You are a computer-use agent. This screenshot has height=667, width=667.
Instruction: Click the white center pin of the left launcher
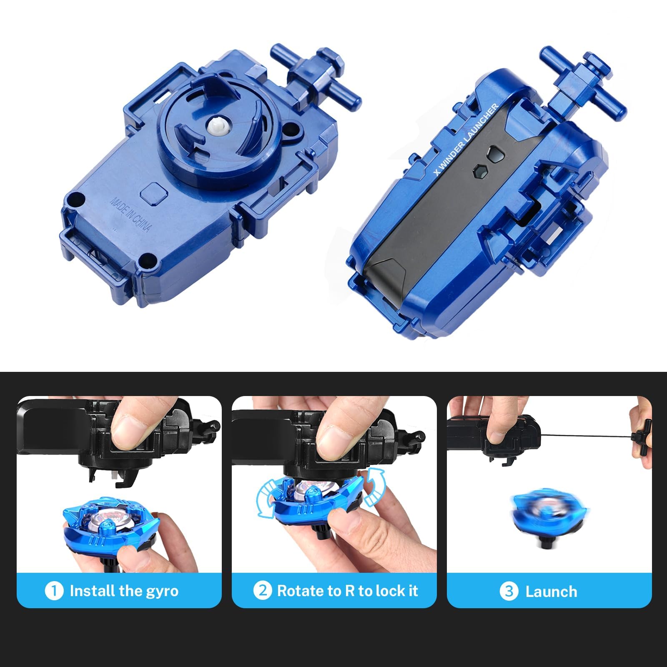[216, 126]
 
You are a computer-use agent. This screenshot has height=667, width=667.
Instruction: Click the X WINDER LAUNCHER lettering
[466, 139]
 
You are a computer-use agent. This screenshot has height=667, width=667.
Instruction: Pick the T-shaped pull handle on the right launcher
[583, 85]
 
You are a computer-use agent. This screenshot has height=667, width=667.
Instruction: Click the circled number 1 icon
[54, 591]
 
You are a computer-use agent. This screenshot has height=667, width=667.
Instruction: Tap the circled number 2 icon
[263, 591]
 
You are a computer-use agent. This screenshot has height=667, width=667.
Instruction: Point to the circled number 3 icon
[509, 591]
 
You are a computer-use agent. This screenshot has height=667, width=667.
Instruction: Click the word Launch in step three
[551, 592]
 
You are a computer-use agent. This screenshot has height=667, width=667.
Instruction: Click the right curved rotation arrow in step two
[375, 486]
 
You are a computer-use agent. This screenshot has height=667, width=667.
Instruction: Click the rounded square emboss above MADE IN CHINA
[154, 193]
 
